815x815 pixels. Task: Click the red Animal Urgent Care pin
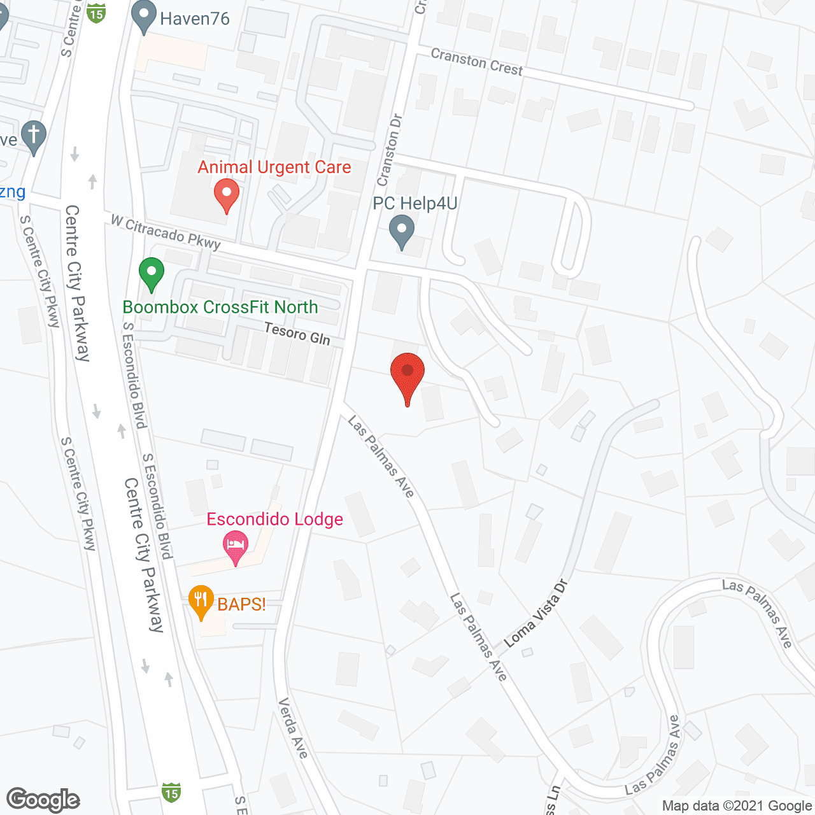point(226,195)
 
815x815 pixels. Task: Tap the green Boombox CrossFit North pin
point(152,273)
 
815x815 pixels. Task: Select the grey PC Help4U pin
point(402,232)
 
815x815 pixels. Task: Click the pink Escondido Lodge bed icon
point(236,546)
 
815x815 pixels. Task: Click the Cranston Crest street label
point(476,62)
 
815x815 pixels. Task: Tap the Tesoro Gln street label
point(297,334)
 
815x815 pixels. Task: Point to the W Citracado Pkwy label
point(166,232)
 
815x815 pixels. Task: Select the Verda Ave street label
point(293,728)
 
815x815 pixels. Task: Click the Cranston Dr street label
point(389,150)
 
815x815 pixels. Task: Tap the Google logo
point(43,800)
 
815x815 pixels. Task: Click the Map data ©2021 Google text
point(737,806)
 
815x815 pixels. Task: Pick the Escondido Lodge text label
point(274,520)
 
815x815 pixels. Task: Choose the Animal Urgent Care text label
point(274,167)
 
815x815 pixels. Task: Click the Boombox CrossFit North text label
point(220,307)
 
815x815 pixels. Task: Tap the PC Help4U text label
point(415,204)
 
